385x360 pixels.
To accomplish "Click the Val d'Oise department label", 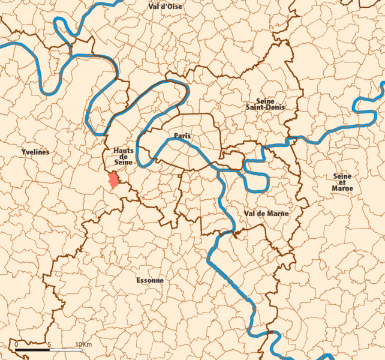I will click(166, 6).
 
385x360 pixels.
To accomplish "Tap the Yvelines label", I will click(34, 152).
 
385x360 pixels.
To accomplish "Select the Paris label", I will click(182, 136).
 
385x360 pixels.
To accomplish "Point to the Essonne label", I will click(150, 280).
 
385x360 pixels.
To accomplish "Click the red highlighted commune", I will click(112, 180).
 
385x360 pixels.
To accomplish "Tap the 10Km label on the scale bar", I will click(83, 344).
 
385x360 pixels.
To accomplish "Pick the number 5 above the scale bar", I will click(49, 344).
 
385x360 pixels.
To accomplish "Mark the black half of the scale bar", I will click(32, 349).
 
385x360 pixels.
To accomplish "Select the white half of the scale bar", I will click(65, 349).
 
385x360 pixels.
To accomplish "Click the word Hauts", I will click(123, 150).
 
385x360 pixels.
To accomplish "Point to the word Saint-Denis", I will click(264, 107).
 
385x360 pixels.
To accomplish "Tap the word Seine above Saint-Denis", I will click(265, 101).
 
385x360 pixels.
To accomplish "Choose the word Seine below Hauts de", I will click(123, 163).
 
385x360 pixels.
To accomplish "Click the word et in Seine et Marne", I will click(342, 182).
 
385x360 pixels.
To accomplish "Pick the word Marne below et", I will click(342, 188).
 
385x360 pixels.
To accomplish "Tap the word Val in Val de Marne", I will click(251, 214).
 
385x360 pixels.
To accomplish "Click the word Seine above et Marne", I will click(342, 176).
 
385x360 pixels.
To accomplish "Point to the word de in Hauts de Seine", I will click(123, 157).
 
